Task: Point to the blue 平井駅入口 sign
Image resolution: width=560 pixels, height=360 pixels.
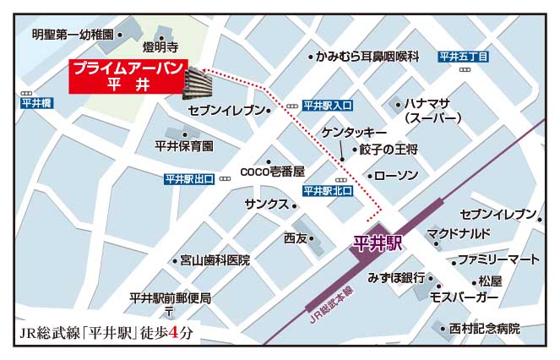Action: tap(327, 106)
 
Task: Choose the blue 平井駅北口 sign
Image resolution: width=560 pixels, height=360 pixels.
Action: tap(326, 191)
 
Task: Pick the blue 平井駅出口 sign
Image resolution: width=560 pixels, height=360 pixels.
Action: tap(189, 179)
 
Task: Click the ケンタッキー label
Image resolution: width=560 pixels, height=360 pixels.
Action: tap(354, 134)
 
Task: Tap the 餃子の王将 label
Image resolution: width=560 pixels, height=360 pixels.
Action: tap(388, 150)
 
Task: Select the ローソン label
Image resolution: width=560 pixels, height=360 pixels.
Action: tap(396, 176)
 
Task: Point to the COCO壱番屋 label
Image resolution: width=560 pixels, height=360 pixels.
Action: tap(271, 171)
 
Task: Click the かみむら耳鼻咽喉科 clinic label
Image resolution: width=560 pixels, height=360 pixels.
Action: tap(367, 57)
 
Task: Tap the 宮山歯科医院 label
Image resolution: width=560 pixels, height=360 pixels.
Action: tap(215, 260)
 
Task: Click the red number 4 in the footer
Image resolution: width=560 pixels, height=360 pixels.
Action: tap(175, 332)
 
